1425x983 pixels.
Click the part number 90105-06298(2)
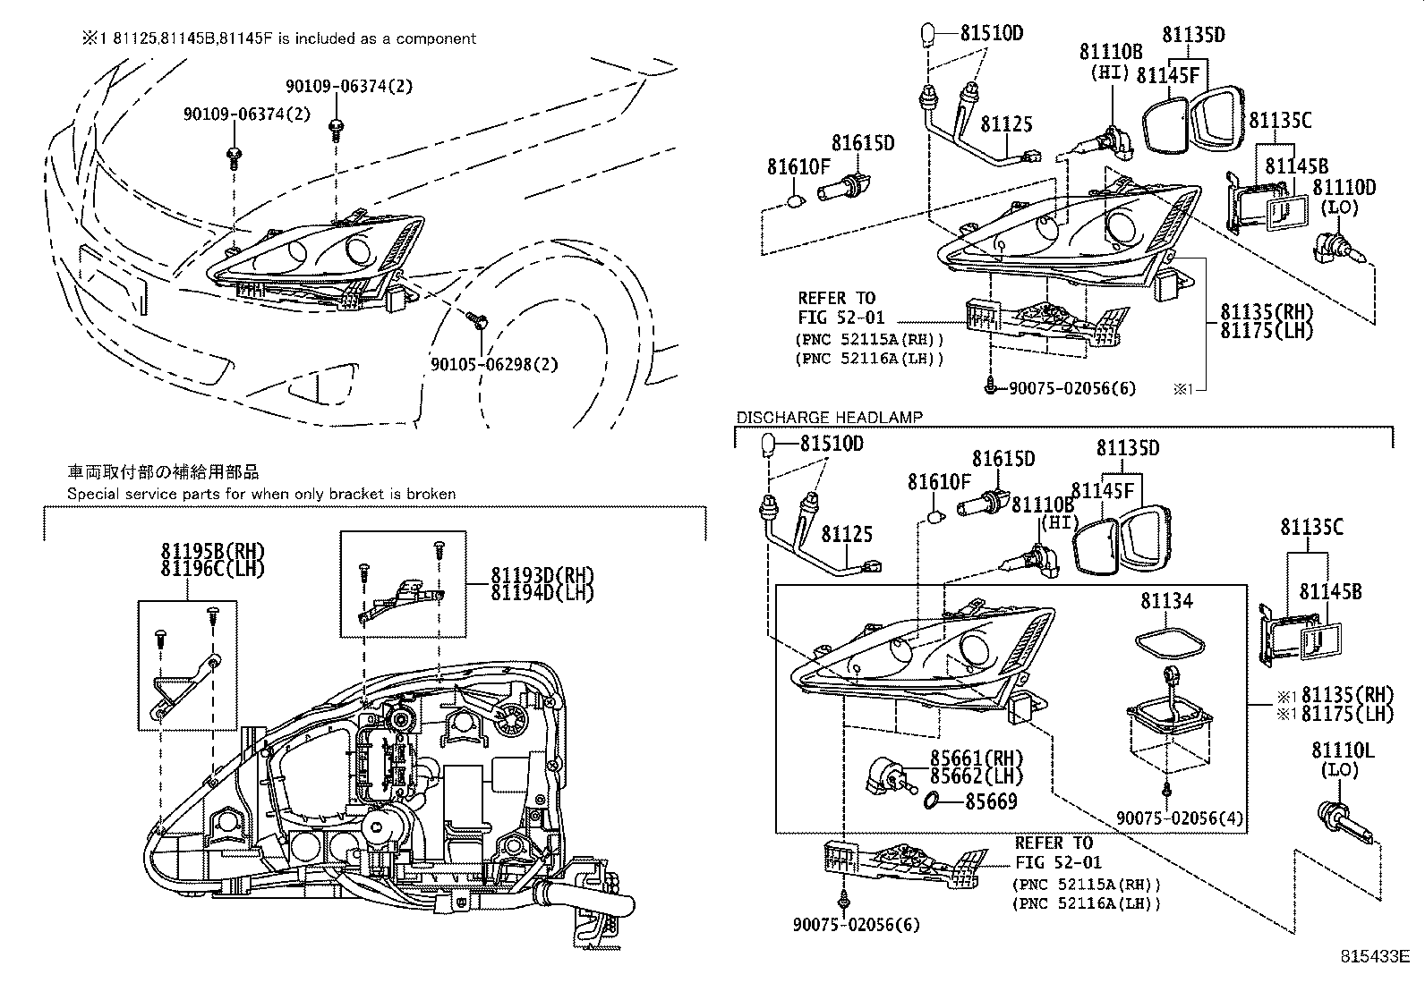pyautogui.click(x=493, y=364)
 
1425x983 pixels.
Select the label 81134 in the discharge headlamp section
pyautogui.click(x=1166, y=601)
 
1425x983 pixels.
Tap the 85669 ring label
pyautogui.click(x=991, y=801)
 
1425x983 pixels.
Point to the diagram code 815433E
pyautogui.click(x=1374, y=956)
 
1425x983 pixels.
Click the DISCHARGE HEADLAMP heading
pyautogui.click(x=829, y=417)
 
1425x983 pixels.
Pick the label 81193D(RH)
pyautogui.click(x=542, y=575)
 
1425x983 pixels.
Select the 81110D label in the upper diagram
pyautogui.click(x=1344, y=188)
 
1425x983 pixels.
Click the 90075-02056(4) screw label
pyautogui.click(x=1180, y=818)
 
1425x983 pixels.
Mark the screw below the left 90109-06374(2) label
pyautogui.click(x=234, y=157)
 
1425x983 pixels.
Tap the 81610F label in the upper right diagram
pyautogui.click(x=798, y=166)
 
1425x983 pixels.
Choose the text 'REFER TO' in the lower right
pyautogui.click(x=1054, y=843)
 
